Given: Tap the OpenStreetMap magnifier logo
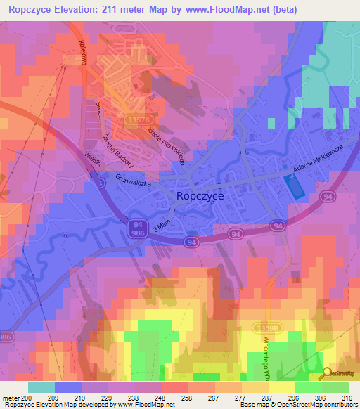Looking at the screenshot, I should [327, 374].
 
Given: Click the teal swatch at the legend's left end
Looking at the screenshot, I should [41, 387].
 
